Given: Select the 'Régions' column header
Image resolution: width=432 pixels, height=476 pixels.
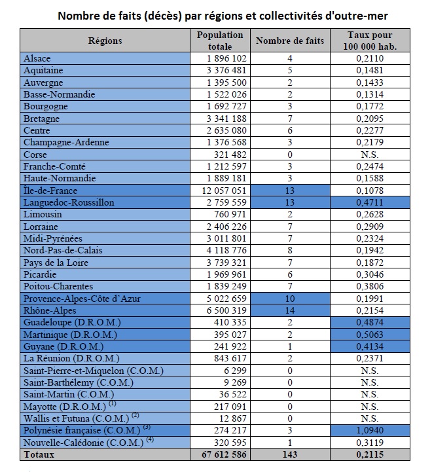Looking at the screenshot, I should [x=105, y=41].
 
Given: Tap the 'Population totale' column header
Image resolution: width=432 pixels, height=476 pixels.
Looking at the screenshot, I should [x=220, y=41].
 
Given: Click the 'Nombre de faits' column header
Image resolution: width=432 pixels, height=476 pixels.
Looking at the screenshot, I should [x=289, y=41].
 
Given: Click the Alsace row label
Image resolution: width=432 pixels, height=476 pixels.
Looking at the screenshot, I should [x=37, y=58].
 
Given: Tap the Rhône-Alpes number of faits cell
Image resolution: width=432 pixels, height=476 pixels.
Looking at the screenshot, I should [x=289, y=310].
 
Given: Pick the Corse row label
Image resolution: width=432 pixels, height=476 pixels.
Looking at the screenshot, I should [x=35, y=155].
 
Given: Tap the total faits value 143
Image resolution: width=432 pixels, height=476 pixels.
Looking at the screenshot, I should [x=289, y=454].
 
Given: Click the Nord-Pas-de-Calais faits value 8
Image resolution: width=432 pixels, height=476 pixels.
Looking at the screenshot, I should [x=289, y=250].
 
